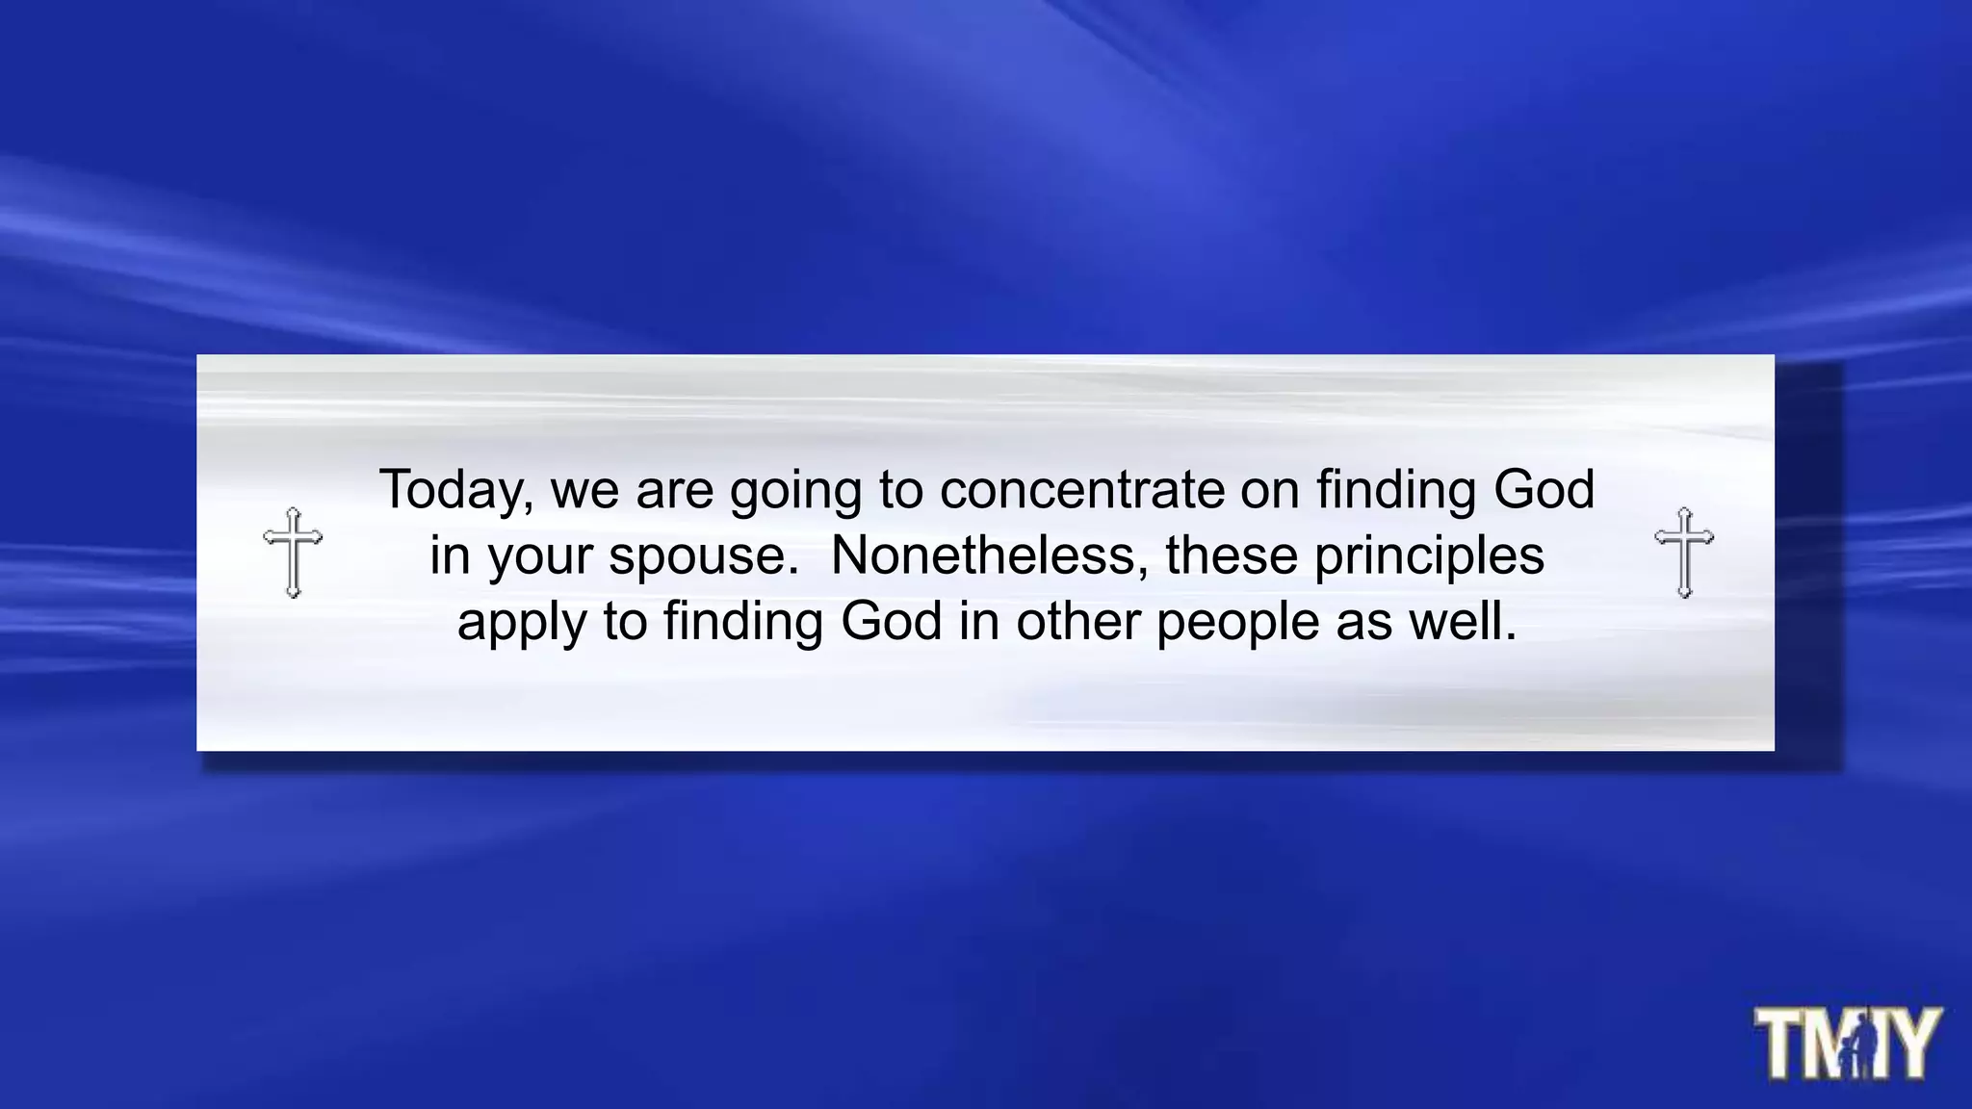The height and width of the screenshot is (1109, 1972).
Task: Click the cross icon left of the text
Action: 293,552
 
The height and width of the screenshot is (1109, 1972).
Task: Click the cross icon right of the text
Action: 1684,552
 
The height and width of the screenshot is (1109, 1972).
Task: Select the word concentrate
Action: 1081,490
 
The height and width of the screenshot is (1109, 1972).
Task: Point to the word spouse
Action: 703,556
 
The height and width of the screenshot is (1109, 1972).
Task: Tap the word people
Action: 1238,623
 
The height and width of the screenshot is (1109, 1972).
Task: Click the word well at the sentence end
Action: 1463,621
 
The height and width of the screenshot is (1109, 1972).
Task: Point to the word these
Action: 1232,555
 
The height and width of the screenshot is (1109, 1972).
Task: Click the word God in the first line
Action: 1544,489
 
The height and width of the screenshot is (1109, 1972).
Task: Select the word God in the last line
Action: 891,621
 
